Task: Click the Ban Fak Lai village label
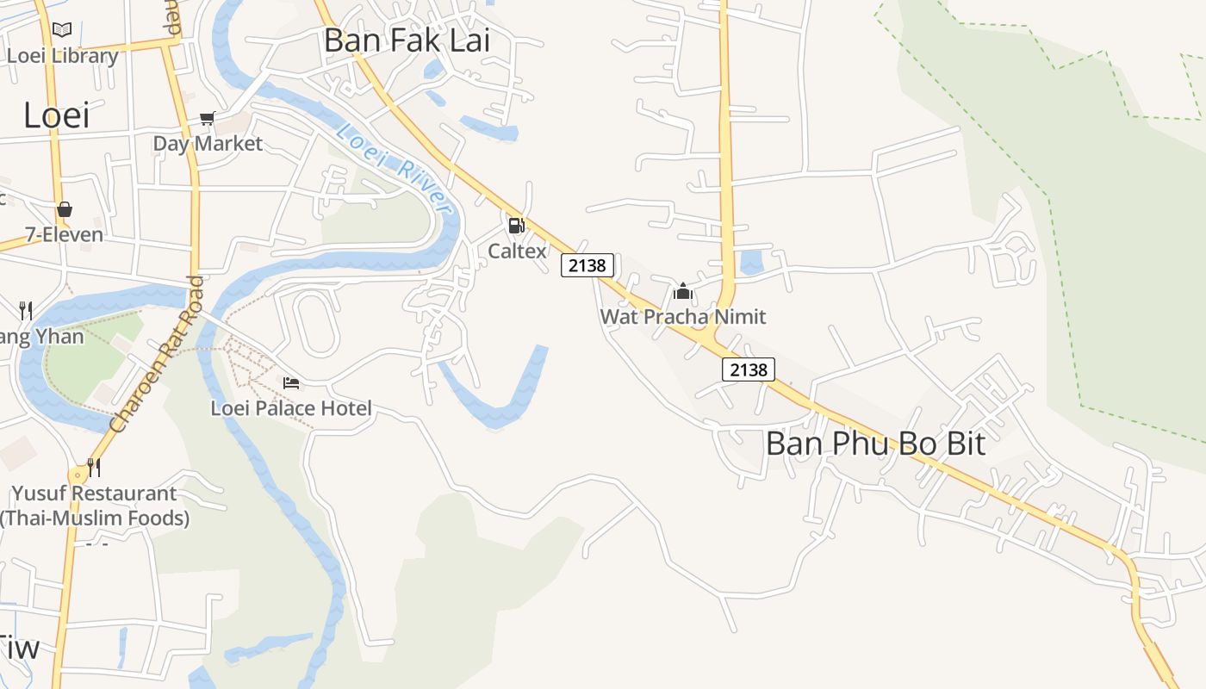coord(407,40)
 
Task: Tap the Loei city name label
coord(56,115)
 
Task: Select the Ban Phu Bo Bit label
coord(875,444)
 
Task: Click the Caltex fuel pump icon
coord(516,226)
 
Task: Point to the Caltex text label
coord(517,251)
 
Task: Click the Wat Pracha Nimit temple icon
coord(683,291)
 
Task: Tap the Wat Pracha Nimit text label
coord(682,316)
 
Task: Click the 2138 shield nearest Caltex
coord(587,265)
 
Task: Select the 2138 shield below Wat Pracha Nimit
coord(748,369)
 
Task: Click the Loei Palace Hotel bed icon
coord(291,382)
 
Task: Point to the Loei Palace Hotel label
coord(291,407)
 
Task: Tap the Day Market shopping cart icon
coord(207,118)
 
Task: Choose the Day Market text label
coord(208,143)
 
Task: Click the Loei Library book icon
coord(62,30)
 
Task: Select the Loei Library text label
coord(62,56)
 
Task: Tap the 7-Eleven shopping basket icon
coord(64,209)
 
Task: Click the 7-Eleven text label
coord(64,234)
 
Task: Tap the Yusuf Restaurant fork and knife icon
coord(94,468)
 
